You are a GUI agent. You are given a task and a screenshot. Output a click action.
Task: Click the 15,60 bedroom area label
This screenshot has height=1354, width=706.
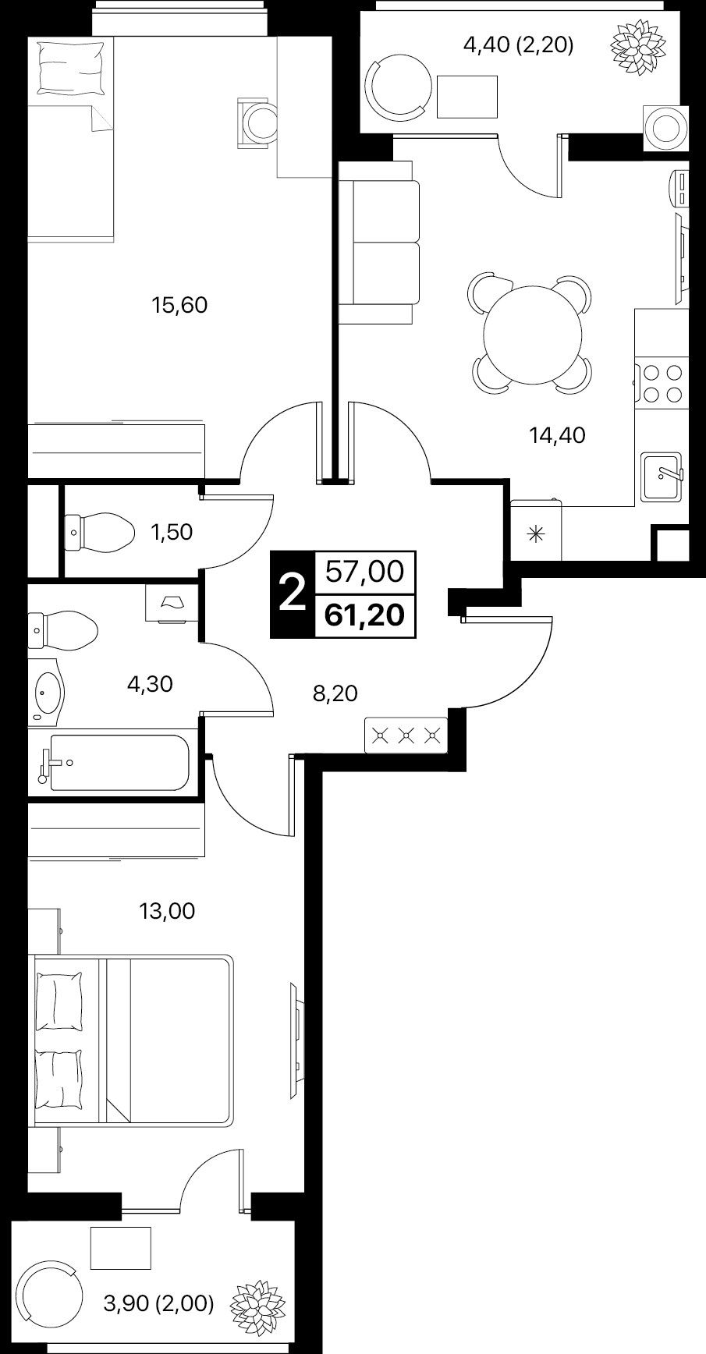coord(179,305)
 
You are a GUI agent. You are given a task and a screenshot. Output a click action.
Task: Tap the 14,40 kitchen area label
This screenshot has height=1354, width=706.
coord(557,435)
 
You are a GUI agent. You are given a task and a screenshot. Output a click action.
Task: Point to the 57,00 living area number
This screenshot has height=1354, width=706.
coord(365,572)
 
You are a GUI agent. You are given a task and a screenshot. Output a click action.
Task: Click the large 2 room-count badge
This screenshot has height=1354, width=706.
coord(291,595)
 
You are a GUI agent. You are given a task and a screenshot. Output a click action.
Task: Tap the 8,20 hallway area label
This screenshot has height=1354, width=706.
coord(335,693)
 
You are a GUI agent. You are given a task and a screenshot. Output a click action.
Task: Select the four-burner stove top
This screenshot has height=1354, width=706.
coord(661,384)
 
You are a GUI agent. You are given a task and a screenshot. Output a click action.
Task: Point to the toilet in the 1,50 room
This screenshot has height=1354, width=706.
coord(98,533)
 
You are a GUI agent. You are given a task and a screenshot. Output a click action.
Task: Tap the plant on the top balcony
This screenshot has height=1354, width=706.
coord(635,48)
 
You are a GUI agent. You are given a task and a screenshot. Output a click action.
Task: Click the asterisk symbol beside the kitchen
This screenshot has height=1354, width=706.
coord(535,534)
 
